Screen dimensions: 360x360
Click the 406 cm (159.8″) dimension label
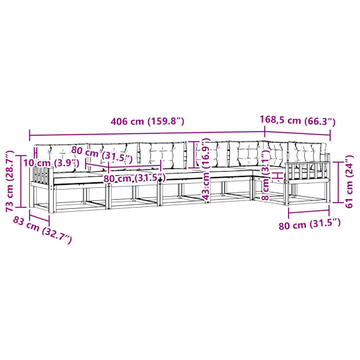click(x=148, y=121)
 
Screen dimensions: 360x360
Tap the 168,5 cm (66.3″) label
click(x=298, y=121)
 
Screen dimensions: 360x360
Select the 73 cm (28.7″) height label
click(x=10, y=181)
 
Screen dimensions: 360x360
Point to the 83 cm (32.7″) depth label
click(x=42, y=230)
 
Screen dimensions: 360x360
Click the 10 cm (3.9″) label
click(x=52, y=163)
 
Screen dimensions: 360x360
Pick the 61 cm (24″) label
click(x=349, y=182)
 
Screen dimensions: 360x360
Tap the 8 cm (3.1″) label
click(x=266, y=175)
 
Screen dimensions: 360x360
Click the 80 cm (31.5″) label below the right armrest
click(x=310, y=224)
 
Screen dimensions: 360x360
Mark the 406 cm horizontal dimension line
click(x=147, y=134)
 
